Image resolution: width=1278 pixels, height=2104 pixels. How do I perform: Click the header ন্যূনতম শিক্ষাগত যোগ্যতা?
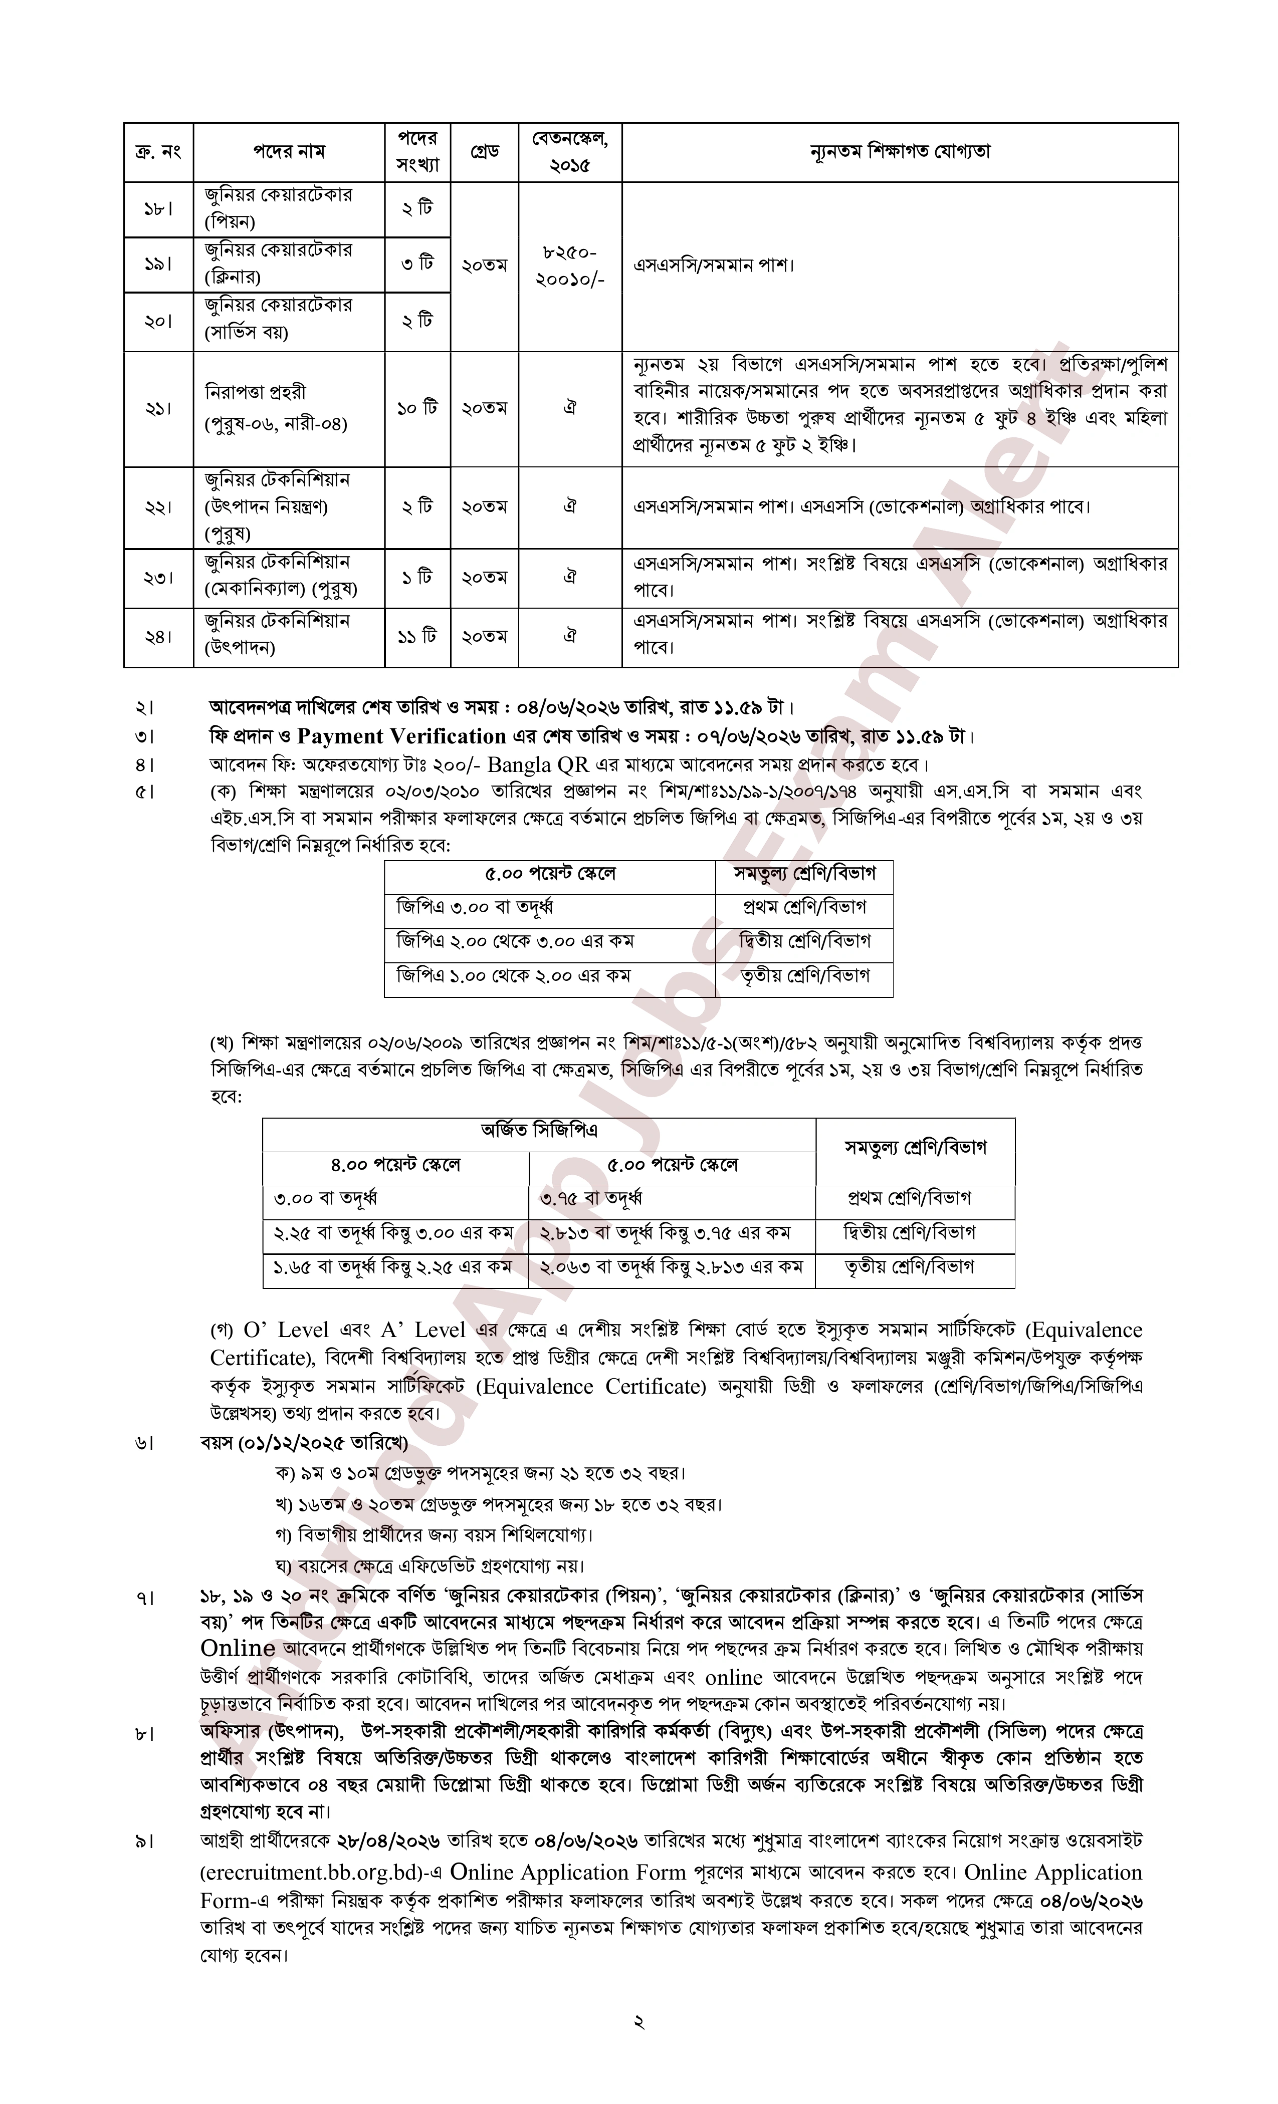click(900, 152)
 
